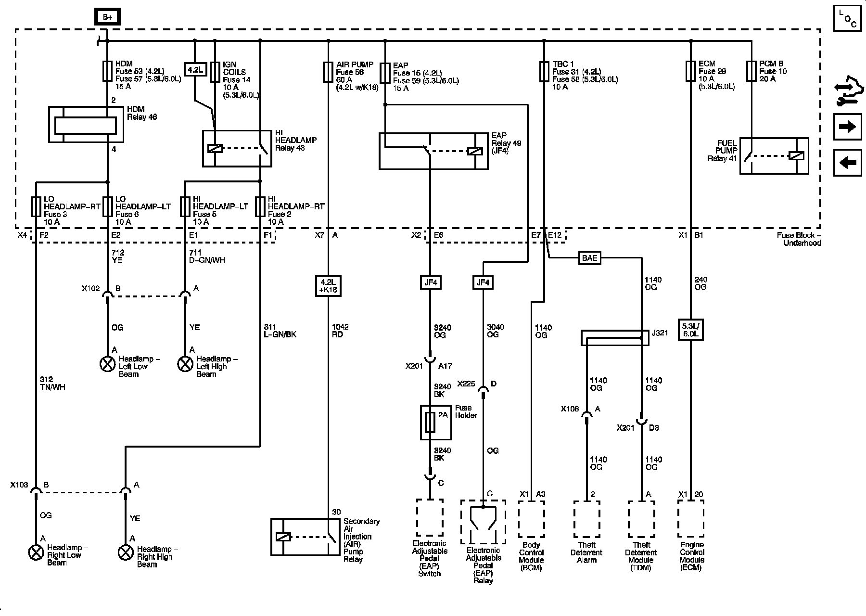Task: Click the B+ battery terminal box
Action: coord(107,18)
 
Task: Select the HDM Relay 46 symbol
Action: coord(86,125)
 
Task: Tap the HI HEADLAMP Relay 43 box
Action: coord(237,149)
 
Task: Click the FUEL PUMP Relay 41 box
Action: coord(774,156)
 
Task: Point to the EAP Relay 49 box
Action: coord(433,151)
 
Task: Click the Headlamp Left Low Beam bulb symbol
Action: coord(107,364)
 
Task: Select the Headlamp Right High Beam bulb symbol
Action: coord(126,553)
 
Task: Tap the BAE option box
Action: coord(589,258)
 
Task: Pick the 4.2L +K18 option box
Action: coord(328,285)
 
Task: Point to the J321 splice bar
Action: coord(615,338)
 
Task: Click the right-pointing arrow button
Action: coord(847,127)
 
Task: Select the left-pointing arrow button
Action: coord(847,163)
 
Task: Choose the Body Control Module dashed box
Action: coord(531,519)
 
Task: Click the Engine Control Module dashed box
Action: coord(690,519)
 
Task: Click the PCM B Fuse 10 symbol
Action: coord(751,71)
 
